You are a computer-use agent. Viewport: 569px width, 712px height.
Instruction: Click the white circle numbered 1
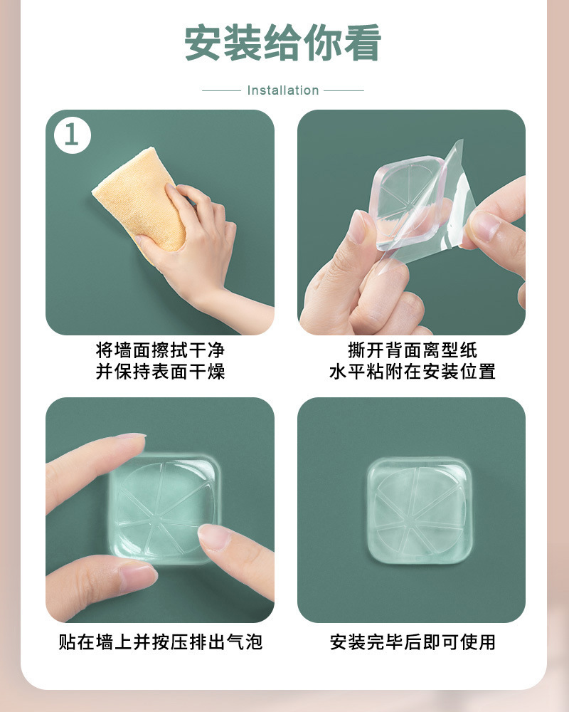72,135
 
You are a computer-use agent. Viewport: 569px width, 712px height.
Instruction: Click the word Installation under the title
283,90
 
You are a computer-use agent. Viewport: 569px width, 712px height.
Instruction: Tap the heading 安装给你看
282,43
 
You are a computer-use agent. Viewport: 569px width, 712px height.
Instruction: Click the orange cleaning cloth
139,197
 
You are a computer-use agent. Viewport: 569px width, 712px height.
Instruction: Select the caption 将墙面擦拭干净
160,350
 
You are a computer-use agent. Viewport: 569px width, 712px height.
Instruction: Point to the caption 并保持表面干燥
160,372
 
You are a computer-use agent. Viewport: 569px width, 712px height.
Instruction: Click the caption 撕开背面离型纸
412,350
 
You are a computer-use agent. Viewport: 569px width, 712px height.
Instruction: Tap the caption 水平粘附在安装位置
412,372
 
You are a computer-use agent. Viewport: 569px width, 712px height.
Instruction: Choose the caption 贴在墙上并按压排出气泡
160,642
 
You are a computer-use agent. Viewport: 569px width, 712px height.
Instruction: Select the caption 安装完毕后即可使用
412,642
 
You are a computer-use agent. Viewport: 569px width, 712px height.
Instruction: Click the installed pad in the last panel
417,510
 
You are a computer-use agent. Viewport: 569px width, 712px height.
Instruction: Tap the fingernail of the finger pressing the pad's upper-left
131,436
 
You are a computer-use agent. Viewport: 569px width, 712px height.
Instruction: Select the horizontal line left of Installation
221,90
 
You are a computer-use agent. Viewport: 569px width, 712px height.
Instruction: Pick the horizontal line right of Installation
344,90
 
